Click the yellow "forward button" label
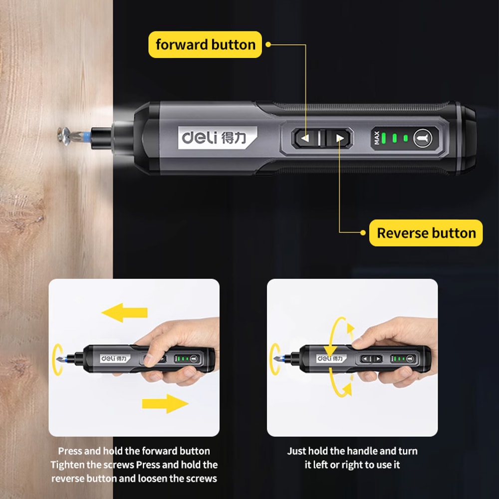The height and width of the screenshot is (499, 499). (x=205, y=44)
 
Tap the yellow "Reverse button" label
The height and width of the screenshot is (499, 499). (x=426, y=233)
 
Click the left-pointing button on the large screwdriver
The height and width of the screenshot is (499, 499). (x=306, y=138)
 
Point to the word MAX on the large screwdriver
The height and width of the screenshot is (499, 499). (x=377, y=138)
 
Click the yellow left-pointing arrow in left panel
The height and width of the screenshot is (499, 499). (x=125, y=313)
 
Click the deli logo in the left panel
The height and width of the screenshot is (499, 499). (x=115, y=358)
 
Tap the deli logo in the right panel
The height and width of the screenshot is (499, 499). (x=331, y=358)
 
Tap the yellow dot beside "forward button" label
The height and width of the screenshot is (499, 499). (x=268, y=44)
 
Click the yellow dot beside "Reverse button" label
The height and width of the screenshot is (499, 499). (x=363, y=233)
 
